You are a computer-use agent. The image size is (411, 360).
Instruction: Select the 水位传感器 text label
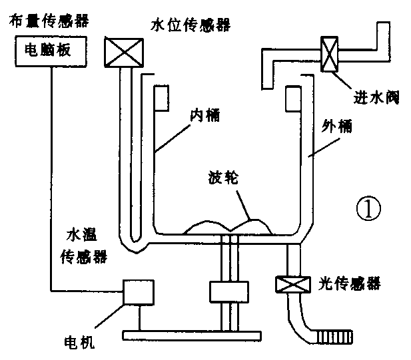point(189,25)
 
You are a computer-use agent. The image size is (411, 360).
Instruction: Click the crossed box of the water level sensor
point(124,51)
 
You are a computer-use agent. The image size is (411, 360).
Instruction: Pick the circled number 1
point(367,210)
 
